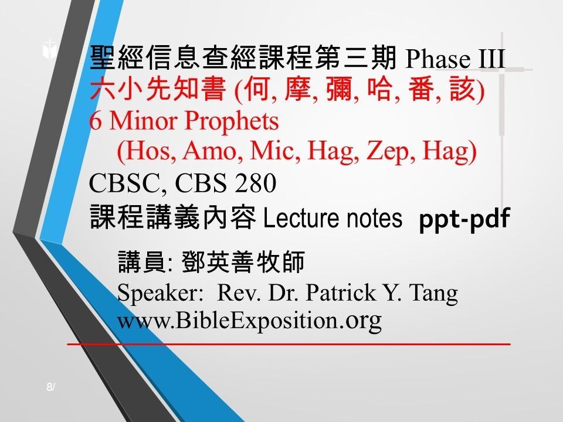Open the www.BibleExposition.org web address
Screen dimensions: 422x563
(250, 321)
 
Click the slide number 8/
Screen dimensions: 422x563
(50, 387)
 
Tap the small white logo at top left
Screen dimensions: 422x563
(49, 51)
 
